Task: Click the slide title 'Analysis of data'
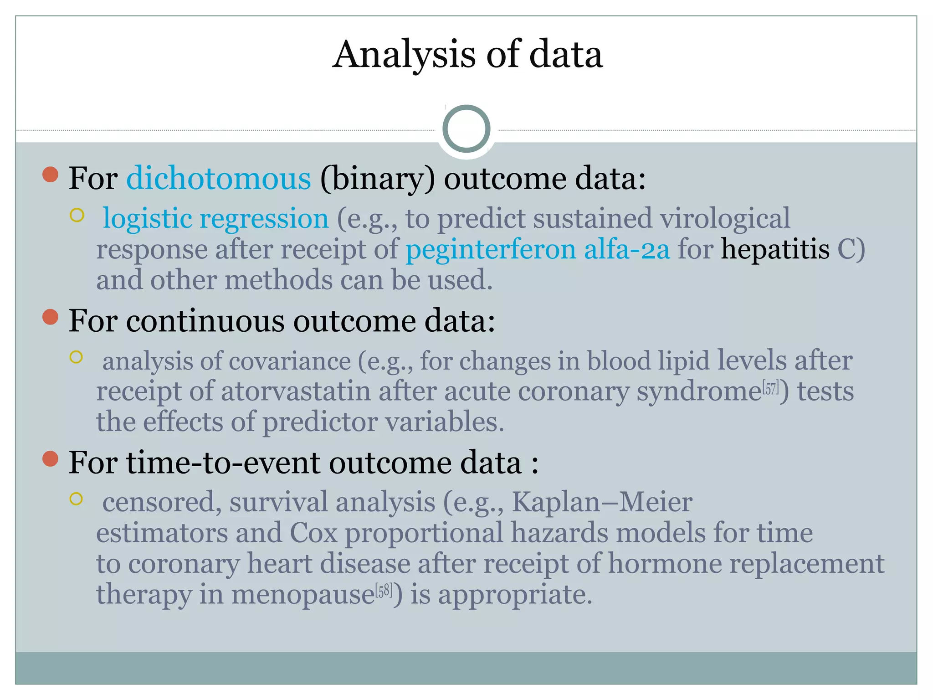pyautogui.click(x=467, y=55)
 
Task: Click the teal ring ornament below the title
pyautogui.click(x=466, y=129)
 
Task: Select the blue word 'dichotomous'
pyautogui.click(x=219, y=179)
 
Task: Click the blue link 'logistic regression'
pyautogui.click(x=215, y=219)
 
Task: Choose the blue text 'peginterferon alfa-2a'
pyautogui.click(x=538, y=250)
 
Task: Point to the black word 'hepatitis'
pyautogui.click(x=775, y=250)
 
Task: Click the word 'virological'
pyautogui.click(x=725, y=219)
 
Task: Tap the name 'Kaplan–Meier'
pyautogui.click(x=602, y=503)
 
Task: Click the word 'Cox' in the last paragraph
pyautogui.click(x=313, y=533)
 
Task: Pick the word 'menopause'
pyautogui.click(x=303, y=595)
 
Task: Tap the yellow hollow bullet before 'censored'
pyautogui.click(x=76, y=499)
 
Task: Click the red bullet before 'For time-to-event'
pyautogui.click(x=50, y=459)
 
